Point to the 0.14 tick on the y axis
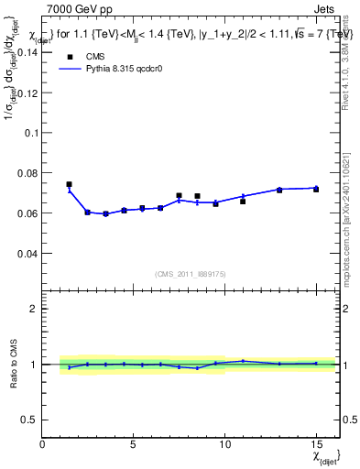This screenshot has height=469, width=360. click(x=27, y=52)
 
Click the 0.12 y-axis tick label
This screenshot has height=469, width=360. click(x=27, y=93)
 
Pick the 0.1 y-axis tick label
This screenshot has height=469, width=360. click(x=31, y=133)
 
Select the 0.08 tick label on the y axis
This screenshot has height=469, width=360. click(x=27, y=173)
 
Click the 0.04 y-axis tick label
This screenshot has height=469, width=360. click(x=27, y=253)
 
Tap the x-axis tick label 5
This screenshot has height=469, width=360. click(x=134, y=444)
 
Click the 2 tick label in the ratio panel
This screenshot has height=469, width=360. click(x=34, y=309)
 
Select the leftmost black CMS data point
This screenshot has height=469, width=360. click(x=69, y=184)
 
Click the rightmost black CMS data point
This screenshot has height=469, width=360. click(x=316, y=189)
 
